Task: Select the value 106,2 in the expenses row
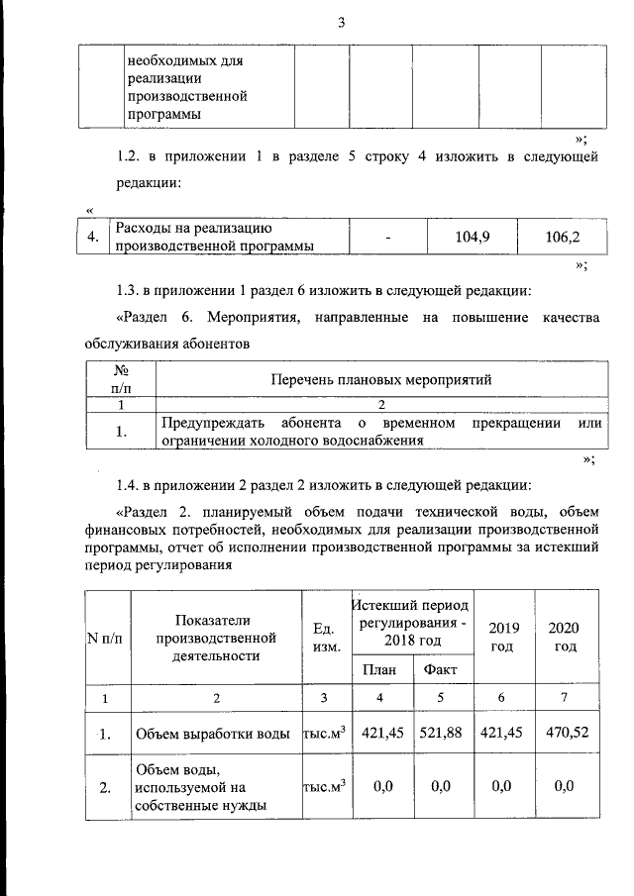pyautogui.click(x=563, y=237)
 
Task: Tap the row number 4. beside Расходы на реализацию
pyautogui.click(x=92, y=237)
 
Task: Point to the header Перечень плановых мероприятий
pyautogui.click(x=381, y=379)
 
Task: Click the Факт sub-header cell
pyautogui.click(x=440, y=669)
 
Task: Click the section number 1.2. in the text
pyautogui.click(x=131, y=157)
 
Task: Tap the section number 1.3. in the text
pyautogui.click(x=131, y=291)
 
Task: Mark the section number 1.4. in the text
pyautogui.click(x=131, y=485)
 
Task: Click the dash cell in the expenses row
pyautogui.click(x=388, y=238)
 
